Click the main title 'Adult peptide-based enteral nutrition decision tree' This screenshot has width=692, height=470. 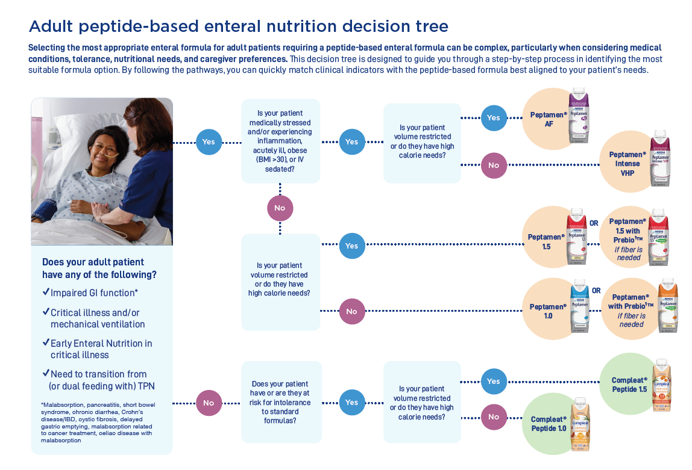pyautogui.click(x=238, y=26)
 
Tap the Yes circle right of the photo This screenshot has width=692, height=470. pyautogui.click(x=209, y=142)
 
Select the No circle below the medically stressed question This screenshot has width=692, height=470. pyautogui.click(x=280, y=208)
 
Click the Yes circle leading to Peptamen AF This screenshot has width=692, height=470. pyautogui.click(x=494, y=118)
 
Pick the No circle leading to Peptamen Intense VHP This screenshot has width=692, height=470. pyautogui.click(x=494, y=165)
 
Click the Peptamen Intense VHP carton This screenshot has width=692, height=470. pyautogui.click(x=659, y=158)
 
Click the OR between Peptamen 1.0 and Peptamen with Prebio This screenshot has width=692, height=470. pyautogui.click(x=596, y=291)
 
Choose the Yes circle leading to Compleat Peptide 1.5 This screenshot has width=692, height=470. pyautogui.click(x=494, y=381)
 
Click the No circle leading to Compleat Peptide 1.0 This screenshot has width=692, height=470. pyautogui.click(x=494, y=416)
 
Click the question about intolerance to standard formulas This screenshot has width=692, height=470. pyautogui.click(x=281, y=403)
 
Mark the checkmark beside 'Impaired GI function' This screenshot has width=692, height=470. pyautogui.click(x=46, y=292)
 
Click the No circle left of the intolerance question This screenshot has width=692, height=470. pyautogui.click(x=209, y=403)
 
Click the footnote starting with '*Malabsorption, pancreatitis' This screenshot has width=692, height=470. pyautogui.click(x=96, y=422)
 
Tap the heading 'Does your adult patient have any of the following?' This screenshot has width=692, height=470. pyautogui.click(x=99, y=268)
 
